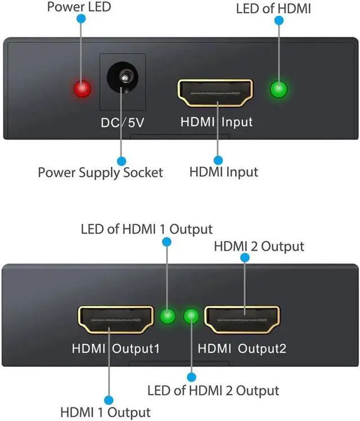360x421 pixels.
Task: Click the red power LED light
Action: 82,89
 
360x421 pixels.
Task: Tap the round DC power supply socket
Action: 122,79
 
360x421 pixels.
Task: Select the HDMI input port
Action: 215,93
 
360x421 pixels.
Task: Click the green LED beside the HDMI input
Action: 278,89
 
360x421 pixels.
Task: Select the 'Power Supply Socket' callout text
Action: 100,172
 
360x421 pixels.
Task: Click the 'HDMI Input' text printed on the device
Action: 216,122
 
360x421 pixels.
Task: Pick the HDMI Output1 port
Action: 116,320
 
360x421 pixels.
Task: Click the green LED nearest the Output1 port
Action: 166,316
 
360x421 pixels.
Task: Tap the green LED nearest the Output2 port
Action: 192,316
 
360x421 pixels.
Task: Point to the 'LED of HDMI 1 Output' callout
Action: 147,229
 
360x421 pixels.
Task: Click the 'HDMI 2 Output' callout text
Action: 259,246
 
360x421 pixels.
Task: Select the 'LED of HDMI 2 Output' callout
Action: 213,390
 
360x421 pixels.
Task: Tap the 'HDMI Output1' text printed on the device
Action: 115,348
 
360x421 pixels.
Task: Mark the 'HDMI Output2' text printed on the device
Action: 242,348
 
